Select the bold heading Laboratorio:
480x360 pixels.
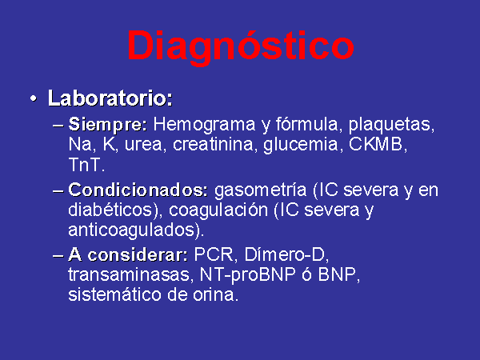pos(110,98)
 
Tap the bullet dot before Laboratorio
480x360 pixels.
pos(33,99)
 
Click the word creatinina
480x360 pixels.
pos(213,144)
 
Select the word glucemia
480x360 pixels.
pos(300,145)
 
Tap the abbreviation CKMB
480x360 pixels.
pos(376,144)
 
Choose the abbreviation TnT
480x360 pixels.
pos(85,165)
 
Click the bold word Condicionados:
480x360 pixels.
pos(138,190)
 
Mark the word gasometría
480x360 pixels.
pos(260,190)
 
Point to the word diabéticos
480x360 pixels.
pos(110,210)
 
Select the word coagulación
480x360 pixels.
pos(218,210)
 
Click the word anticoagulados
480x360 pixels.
pos(132,230)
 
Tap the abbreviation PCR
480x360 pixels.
pos(213,254)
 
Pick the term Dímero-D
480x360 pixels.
pos(284,254)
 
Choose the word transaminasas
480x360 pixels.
pos(129,274)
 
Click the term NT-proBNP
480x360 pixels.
pos(247,275)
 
